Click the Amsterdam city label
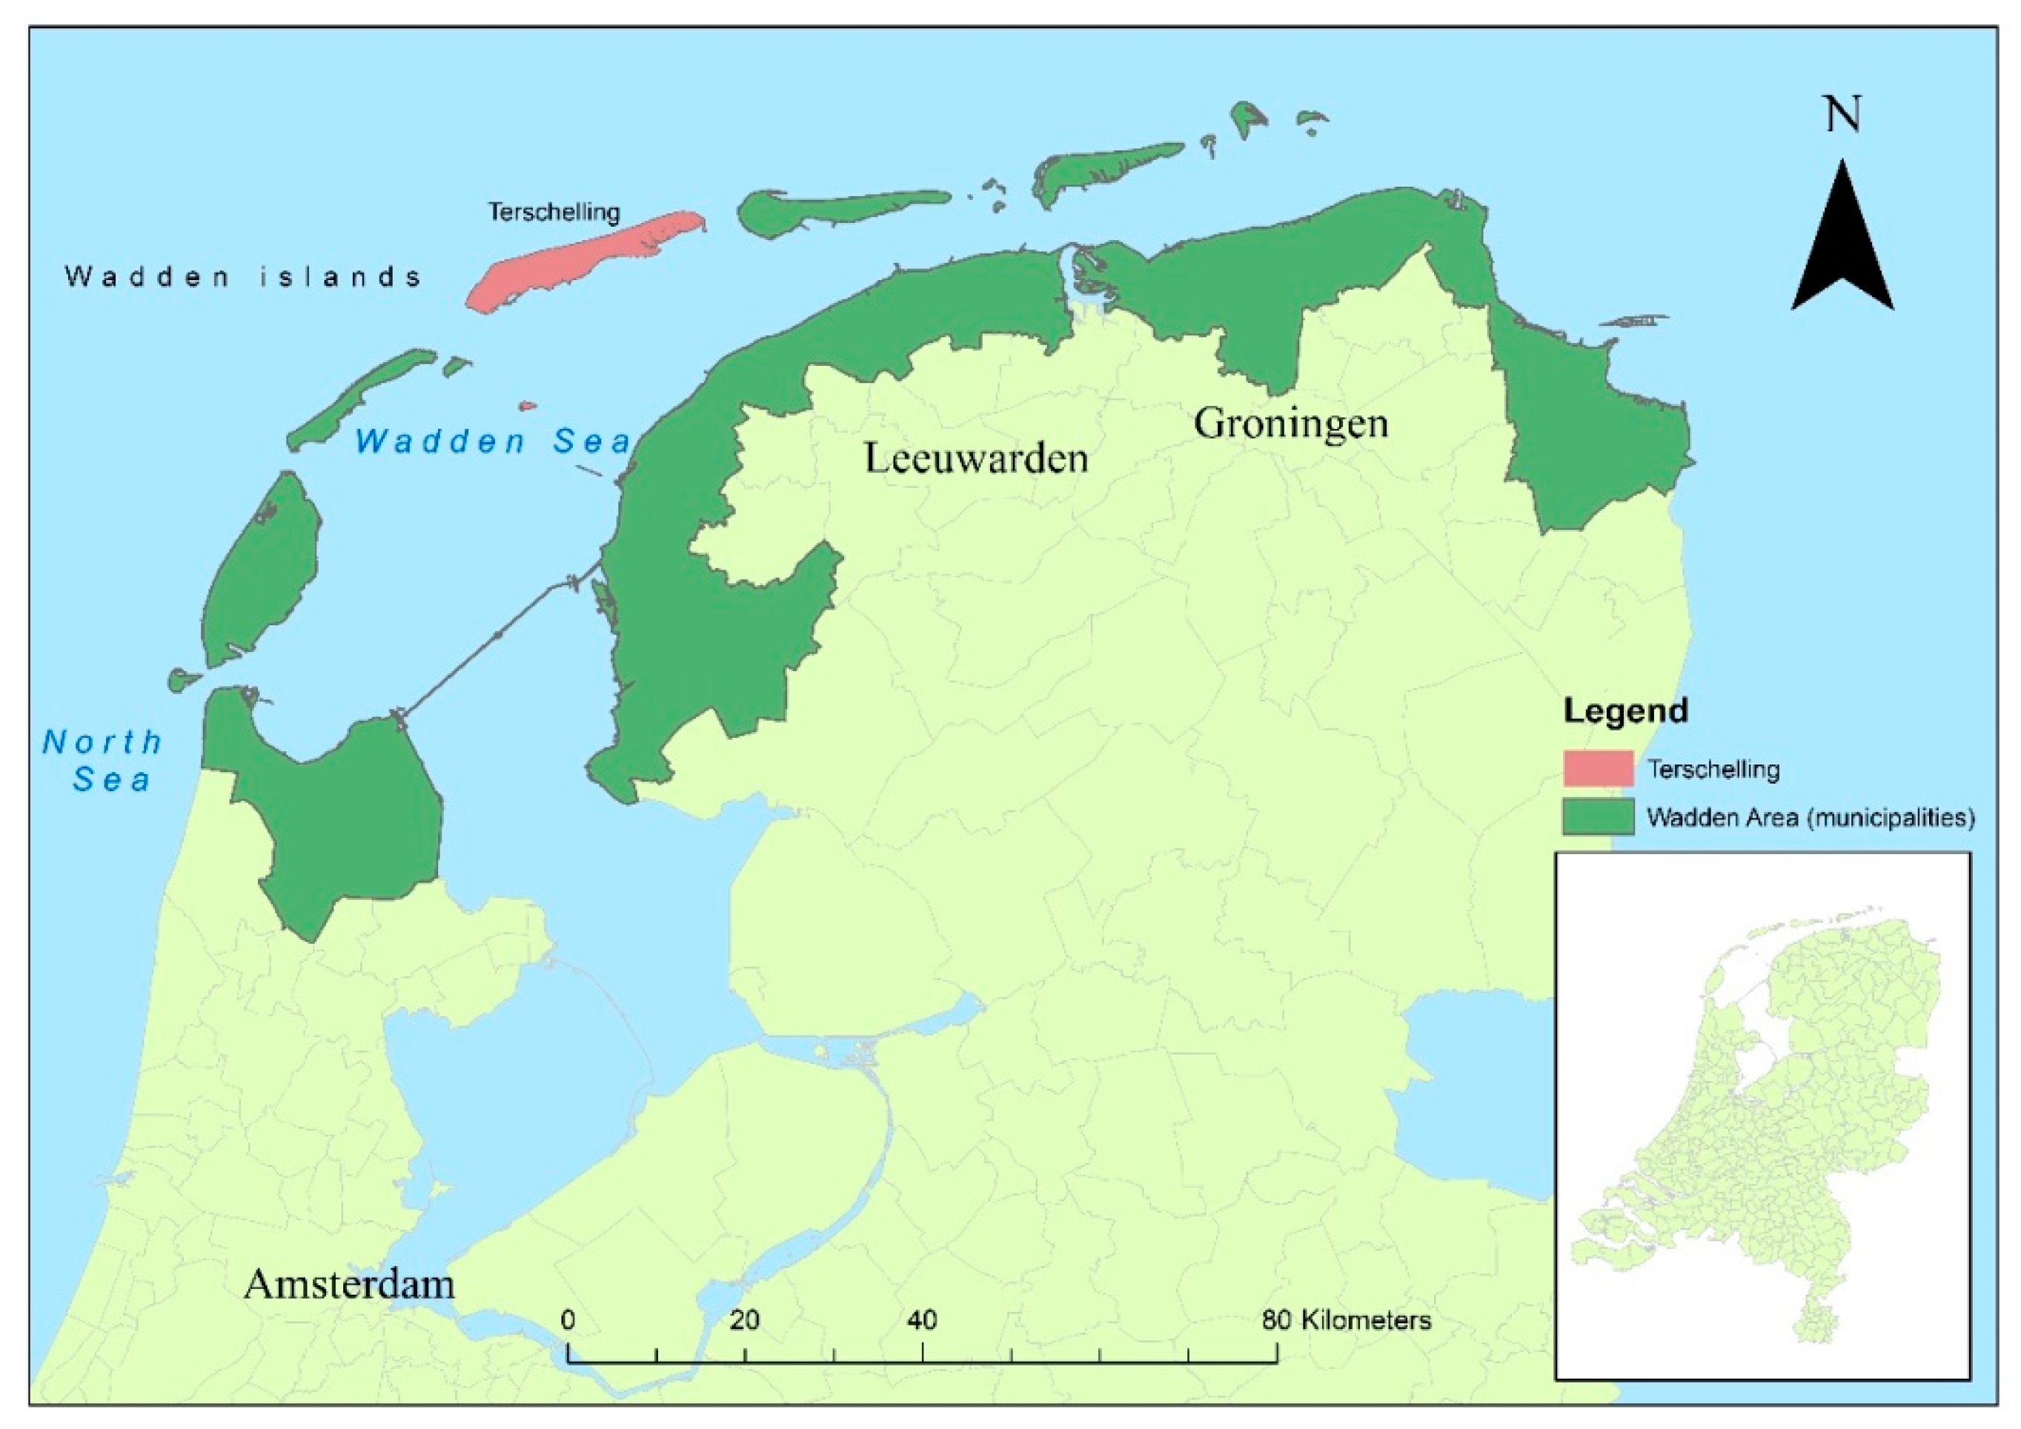(x=350, y=1284)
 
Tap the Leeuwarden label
(x=975, y=458)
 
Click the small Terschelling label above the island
(x=554, y=212)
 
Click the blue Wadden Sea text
(x=493, y=441)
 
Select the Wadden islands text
(x=243, y=277)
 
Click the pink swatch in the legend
(x=1598, y=768)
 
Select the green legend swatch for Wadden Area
(x=1598, y=816)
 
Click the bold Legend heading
(x=1625, y=710)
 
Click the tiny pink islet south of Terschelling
(x=526, y=407)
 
